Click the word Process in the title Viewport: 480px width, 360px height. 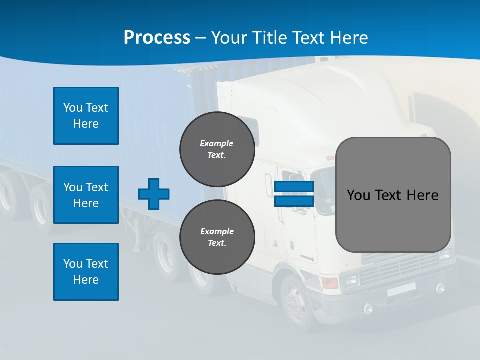click(x=157, y=37)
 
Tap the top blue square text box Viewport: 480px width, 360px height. click(x=86, y=116)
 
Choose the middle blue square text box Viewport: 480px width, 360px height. click(x=86, y=195)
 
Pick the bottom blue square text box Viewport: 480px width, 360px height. click(x=86, y=272)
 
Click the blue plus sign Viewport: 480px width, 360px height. click(x=154, y=194)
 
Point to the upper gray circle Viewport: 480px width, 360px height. click(x=217, y=149)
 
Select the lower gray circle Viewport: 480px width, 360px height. click(x=217, y=237)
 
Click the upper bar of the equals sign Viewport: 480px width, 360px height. click(x=294, y=187)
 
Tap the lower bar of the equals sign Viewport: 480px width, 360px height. click(x=294, y=201)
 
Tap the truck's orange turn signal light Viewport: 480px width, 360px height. click(x=330, y=283)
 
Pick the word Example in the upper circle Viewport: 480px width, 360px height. click(x=217, y=143)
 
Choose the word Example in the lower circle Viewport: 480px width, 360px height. click(x=217, y=231)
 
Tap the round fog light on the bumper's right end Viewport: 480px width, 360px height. click(x=440, y=288)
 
